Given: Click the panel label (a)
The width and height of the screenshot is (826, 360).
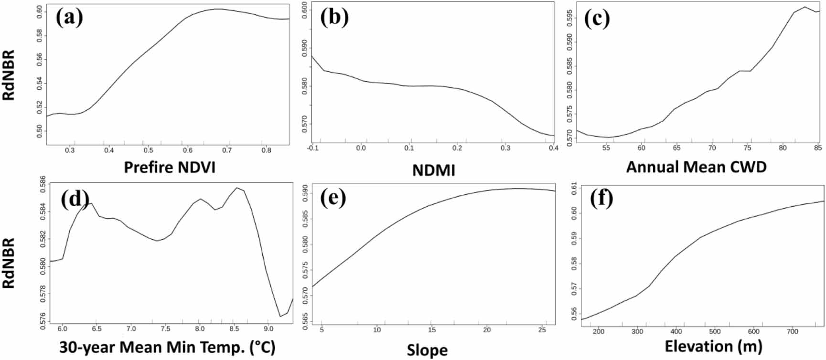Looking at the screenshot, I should pyautogui.click(x=69, y=18).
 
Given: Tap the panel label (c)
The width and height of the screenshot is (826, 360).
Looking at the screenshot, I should pyautogui.click(x=597, y=19).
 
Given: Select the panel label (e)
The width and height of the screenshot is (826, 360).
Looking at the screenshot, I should pyautogui.click(x=333, y=197).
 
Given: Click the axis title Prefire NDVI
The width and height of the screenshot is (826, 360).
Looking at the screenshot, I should pyautogui.click(x=170, y=167).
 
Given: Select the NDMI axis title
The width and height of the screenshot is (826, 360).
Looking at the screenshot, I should pyautogui.click(x=433, y=170).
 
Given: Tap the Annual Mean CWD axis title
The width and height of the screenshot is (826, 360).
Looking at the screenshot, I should pyautogui.click(x=696, y=167).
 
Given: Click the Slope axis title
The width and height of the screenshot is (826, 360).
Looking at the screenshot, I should pyautogui.click(x=427, y=350).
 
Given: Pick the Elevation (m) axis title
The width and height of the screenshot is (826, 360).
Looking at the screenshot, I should pyautogui.click(x=713, y=346).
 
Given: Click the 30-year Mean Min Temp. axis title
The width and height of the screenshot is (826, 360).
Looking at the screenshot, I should pyautogui.click(x=167, y=347).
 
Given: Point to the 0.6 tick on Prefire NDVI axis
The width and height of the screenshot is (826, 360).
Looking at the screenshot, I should pyautogui.click(x=188, y=150).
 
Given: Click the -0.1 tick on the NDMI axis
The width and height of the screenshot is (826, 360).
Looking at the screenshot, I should pyautogui.click(x=313, y=148).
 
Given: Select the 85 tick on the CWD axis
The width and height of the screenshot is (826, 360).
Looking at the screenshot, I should pyautogui.click(x=818, y=148).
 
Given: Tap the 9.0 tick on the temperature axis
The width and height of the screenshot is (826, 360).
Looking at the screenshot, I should pyautogui.click(x=268, y=329).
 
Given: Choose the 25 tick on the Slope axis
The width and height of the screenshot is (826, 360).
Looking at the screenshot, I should pyautogui.click(x=542, y=330).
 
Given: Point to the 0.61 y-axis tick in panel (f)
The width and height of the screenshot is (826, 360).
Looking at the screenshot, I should pyautogui.click(x=574, y=188).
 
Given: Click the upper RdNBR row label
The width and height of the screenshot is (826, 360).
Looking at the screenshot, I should pyautogui.click(x=9, y=75).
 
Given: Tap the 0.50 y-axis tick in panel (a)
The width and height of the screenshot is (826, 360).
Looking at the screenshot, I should pyautogui.click(x=40, y=131).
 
